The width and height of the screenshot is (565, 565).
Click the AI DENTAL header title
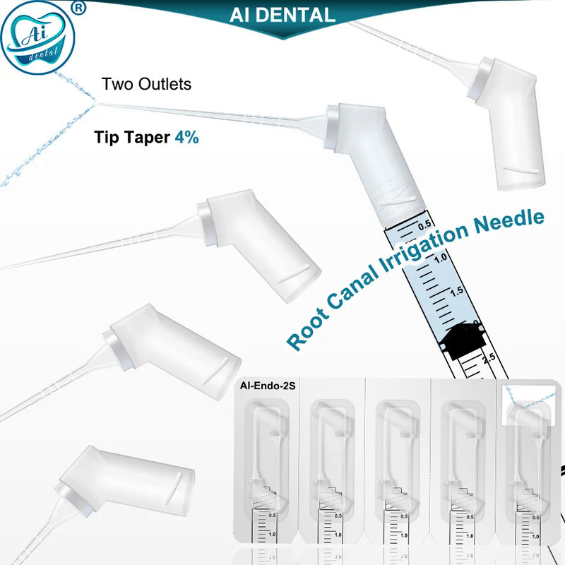282,14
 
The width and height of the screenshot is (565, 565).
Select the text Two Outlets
146,84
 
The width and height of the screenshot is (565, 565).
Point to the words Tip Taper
132,137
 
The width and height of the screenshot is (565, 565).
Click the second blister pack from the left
333,473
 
